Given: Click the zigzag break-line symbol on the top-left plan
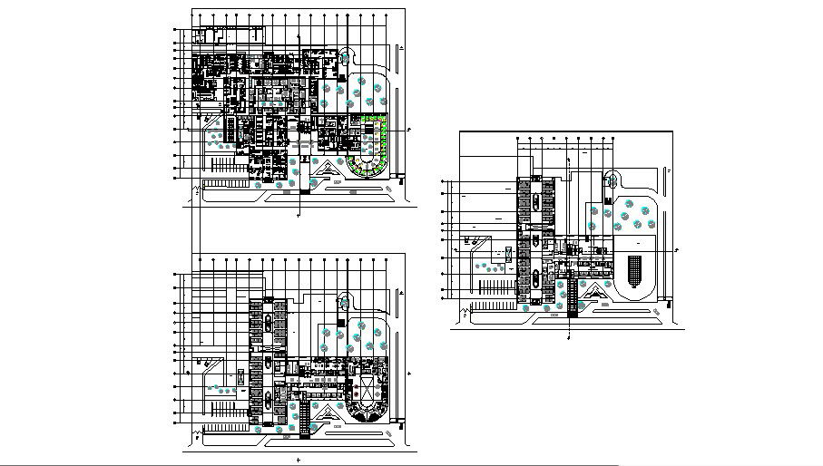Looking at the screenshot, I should pos(198,189).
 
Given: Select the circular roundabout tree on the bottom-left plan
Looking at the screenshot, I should pos(344,303).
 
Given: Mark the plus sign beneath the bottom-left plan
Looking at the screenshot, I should pos(298,460).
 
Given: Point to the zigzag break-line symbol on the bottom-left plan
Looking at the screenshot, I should pos(197,439).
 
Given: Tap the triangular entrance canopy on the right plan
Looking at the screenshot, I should pos(594,291).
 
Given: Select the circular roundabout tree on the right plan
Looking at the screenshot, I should pos(611,181).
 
